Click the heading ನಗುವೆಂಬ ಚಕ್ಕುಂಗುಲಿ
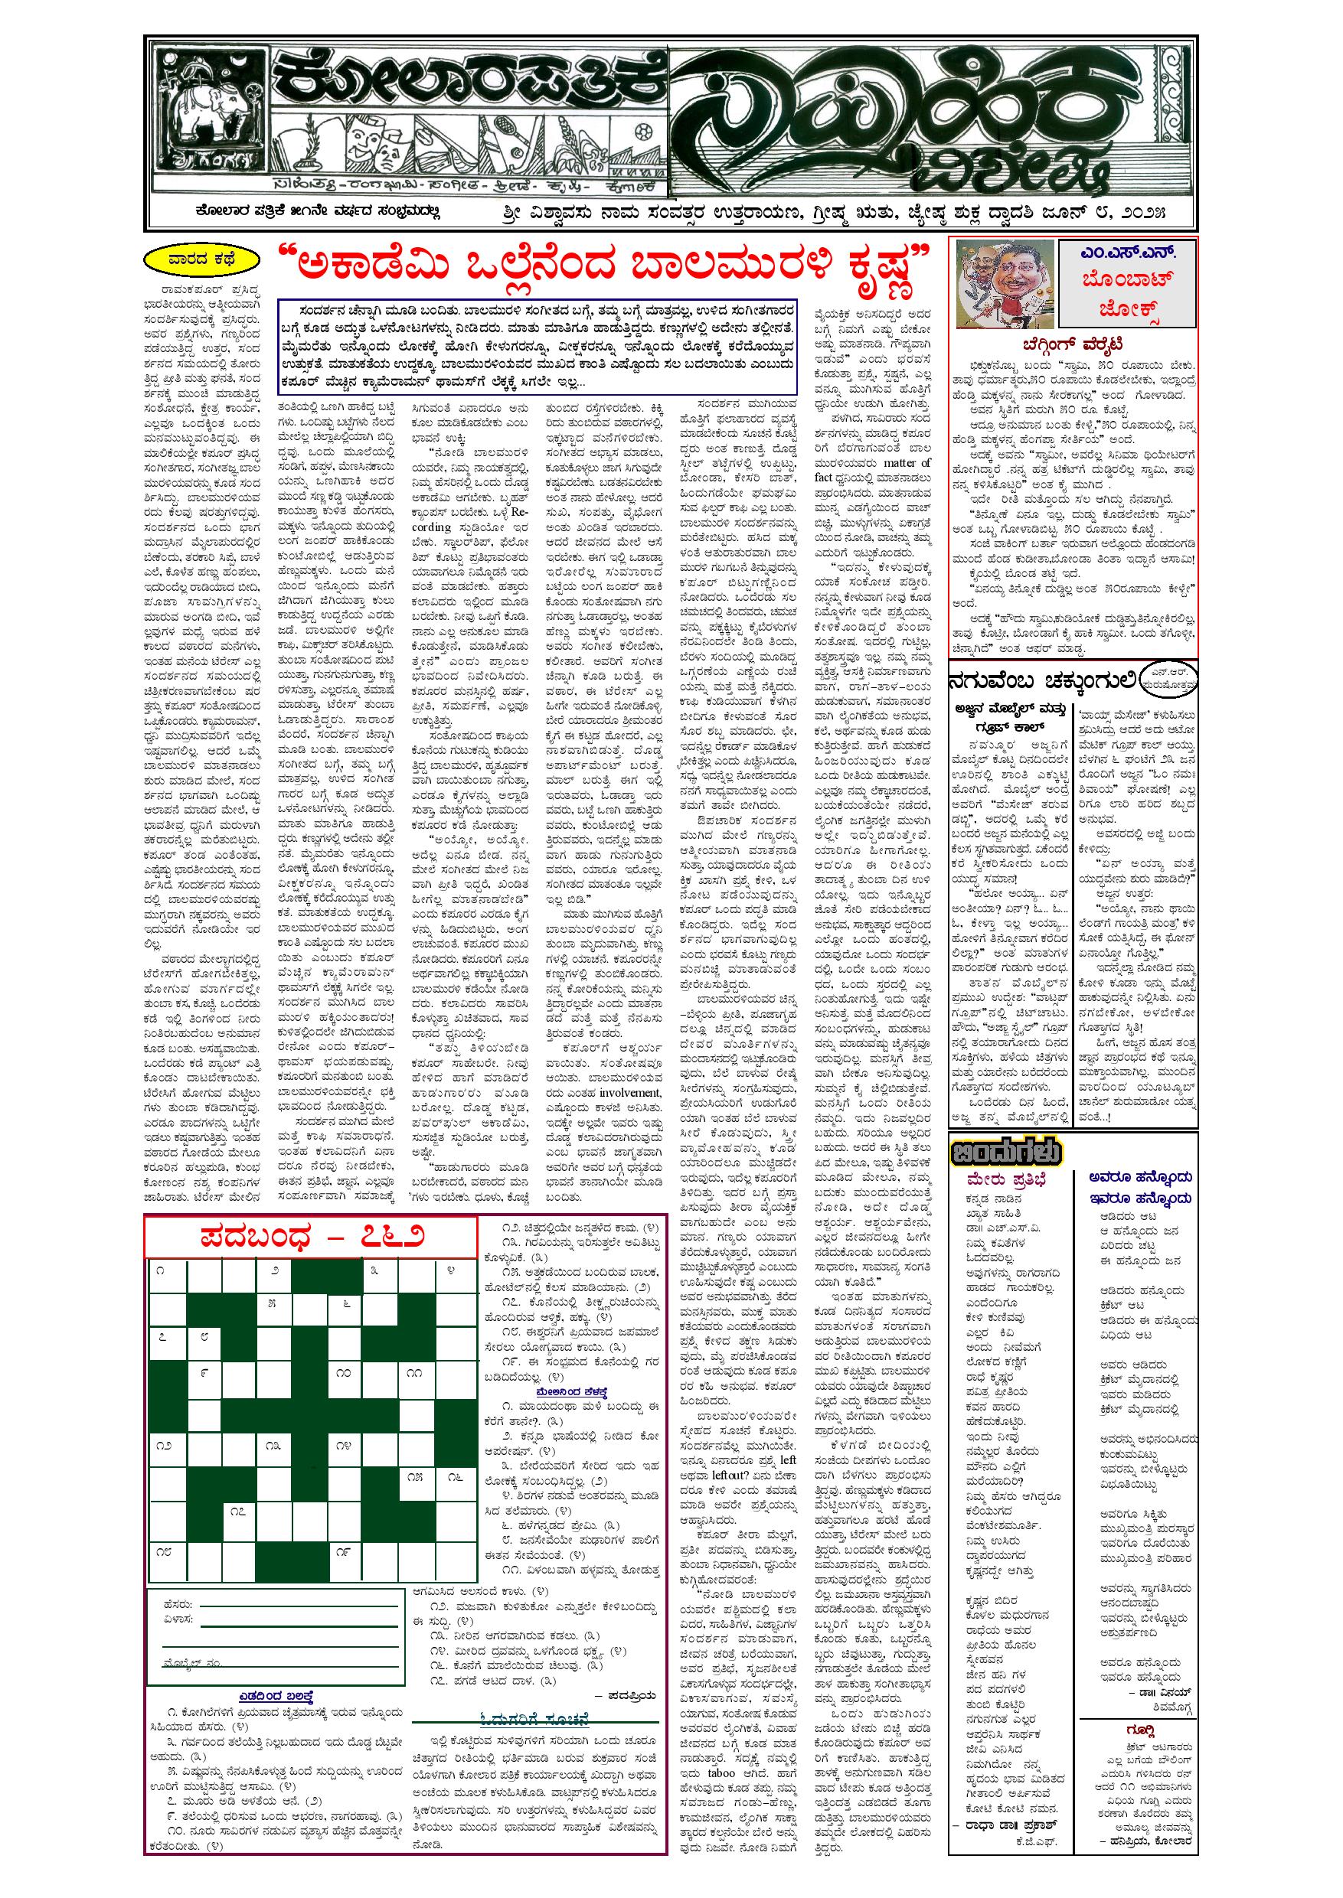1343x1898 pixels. [1042, 681]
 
